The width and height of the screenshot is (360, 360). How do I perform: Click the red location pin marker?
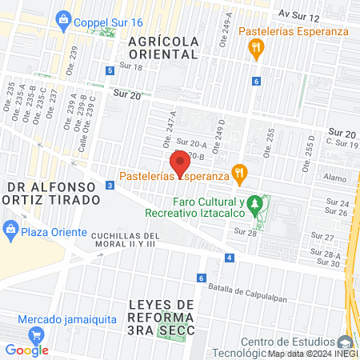click(x=181, y=162)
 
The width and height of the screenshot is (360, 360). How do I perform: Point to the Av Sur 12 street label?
click(x=298, y=15)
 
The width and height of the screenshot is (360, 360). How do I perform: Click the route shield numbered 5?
click(x=109, y=70)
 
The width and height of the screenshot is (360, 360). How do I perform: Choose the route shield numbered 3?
click(x=109, y=186)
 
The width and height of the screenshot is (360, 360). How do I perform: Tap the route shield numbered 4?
click(x=230, y=258)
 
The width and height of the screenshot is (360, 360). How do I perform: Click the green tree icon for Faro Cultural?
click(x=255, y=206)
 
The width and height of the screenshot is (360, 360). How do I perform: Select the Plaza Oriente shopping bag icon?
click(x=10, y=230)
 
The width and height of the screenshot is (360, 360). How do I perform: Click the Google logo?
click(x=26, y=350)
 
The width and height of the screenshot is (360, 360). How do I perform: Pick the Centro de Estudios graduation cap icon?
click(x=345, y=342)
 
